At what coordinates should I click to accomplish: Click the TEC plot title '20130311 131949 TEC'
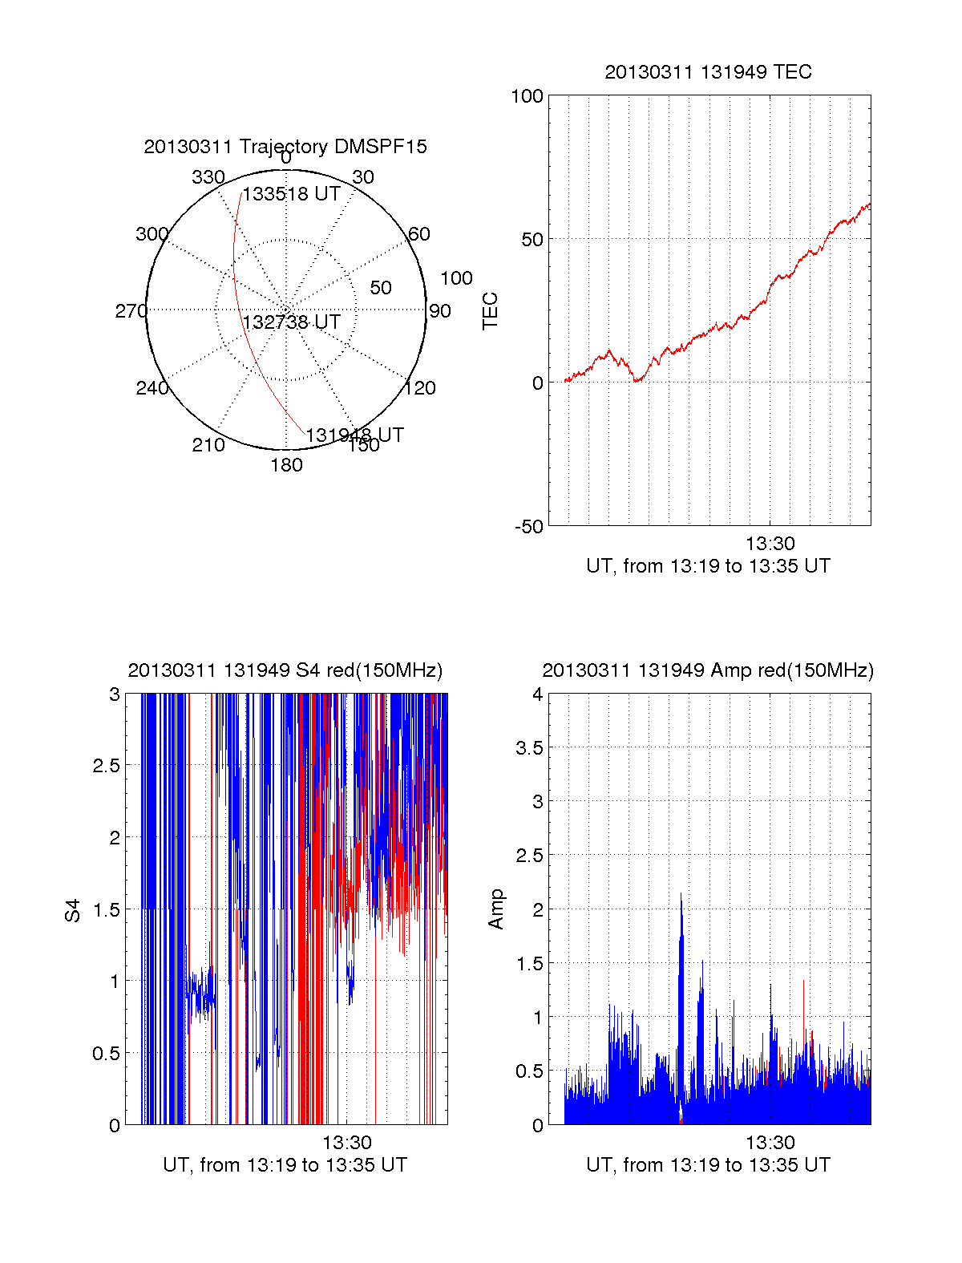click(x=708, y=72)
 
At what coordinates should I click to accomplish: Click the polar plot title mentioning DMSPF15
click(x=285, y=147)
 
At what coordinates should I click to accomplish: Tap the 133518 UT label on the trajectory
click(x=292, y=194)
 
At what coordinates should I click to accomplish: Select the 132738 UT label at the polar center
click(x=292, y=322)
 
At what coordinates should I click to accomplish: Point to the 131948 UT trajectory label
click(x=354, y=435)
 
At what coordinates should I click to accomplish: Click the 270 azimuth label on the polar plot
click(x=131, y=311)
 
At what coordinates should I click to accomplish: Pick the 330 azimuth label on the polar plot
click(x=208, y=177)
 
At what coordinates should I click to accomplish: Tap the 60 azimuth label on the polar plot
click(x=419, y=234)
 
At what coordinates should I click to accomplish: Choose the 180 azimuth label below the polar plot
click(x=286, y=465)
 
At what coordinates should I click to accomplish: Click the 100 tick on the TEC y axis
click(x=527, y=97)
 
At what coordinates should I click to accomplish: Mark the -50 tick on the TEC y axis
click(x=528, y=527)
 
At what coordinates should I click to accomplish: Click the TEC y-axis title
click(x=490, y=311)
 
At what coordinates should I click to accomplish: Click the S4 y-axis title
click(x=73, y=910)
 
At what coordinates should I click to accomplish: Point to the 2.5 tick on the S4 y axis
click(x=106, y=766)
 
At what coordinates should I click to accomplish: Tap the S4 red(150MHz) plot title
click(x=285, y=670)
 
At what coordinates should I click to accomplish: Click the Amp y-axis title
click(x=496, y=909)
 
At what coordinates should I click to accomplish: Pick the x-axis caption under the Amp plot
click(x=708, y=1165)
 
